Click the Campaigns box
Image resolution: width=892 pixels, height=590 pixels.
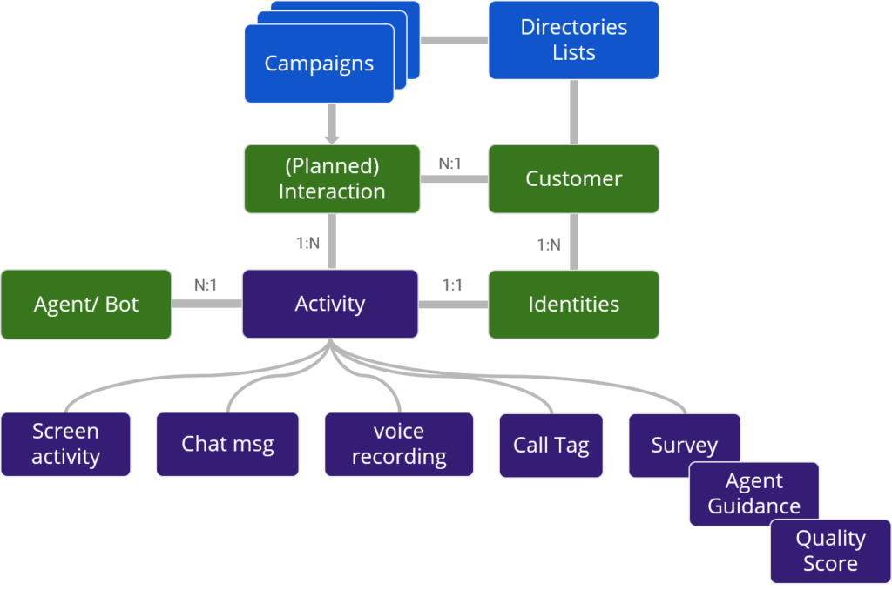[x=319, y=64]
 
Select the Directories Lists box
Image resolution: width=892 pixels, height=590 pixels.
[x=573, y=40]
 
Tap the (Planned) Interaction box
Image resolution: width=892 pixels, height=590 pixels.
[x=332, y=179]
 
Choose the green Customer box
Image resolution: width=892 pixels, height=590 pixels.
[x=573, y=179]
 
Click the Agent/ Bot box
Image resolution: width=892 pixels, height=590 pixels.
[x=86, y=305]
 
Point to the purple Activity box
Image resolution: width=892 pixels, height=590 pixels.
[x=330, y=304]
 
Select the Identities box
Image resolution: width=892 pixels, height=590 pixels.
[x=573, y=305]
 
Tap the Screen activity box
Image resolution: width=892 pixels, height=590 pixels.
[x=65, y=445]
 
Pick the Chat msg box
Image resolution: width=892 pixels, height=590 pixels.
[x=227, y=445]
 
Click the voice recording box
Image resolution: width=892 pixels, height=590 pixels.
[x=399, y=445]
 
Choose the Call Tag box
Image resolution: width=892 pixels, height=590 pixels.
[x=551, y=446]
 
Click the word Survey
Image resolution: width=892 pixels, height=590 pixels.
[x=685, y=445]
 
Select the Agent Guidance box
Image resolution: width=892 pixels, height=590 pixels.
[x=753, y=494]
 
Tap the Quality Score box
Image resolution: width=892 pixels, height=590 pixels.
[x=830, y=552]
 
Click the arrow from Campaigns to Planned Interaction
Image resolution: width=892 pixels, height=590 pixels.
[x=332, y=124]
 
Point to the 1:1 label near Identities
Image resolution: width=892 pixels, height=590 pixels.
[x=452, y=285]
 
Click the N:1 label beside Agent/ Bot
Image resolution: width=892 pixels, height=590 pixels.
[x=206, y=285]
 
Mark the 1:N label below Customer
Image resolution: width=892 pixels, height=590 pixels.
[x=549, y=245]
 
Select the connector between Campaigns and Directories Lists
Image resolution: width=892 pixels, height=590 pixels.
[x=454, y=40]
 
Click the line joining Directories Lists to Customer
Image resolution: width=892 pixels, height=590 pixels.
[x=573, y=112]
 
